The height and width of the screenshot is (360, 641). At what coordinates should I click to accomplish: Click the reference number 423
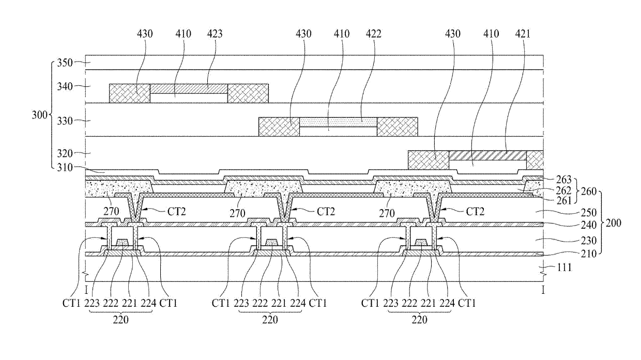[x=215, y=34]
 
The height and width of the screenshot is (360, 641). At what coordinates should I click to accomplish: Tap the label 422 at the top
[x=374, y=34]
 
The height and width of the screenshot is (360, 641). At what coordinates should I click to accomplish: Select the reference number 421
[x=523, y=34]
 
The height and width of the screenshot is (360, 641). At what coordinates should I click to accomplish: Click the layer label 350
[x=65, y=63]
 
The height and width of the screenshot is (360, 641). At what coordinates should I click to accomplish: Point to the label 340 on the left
[x=65, y=86]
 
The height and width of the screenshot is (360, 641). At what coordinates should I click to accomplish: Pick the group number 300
[x=39, y=115]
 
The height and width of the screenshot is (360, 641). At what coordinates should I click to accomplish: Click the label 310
[x=65, y=167]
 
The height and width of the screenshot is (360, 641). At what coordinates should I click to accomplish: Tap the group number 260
[x=589, y=191]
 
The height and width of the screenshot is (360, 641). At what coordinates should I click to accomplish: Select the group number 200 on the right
[x=614, y=223]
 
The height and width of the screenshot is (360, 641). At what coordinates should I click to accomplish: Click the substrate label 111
[x=564, y=267]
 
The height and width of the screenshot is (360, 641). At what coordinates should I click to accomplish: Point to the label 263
[x=564, y=179]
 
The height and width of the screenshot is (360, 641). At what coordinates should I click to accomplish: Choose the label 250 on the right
[x=589, y=213]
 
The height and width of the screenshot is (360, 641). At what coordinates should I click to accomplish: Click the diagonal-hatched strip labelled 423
[x=189, y=88]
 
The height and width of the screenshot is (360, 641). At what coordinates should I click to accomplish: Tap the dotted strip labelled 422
[x=338, y=122]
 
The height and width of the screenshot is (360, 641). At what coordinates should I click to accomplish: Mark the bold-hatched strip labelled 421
[x=487, y=155]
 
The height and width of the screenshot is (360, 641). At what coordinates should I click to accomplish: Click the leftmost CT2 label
[x=177, y=212]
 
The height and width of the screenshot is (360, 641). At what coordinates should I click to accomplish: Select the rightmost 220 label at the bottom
[x=419, y=320]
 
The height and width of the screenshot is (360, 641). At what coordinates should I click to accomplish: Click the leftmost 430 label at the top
[x=145, y=34]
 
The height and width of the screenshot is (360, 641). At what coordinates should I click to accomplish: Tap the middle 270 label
[x=237, y=213]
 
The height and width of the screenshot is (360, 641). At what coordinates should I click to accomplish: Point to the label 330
[x=65, y=121]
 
